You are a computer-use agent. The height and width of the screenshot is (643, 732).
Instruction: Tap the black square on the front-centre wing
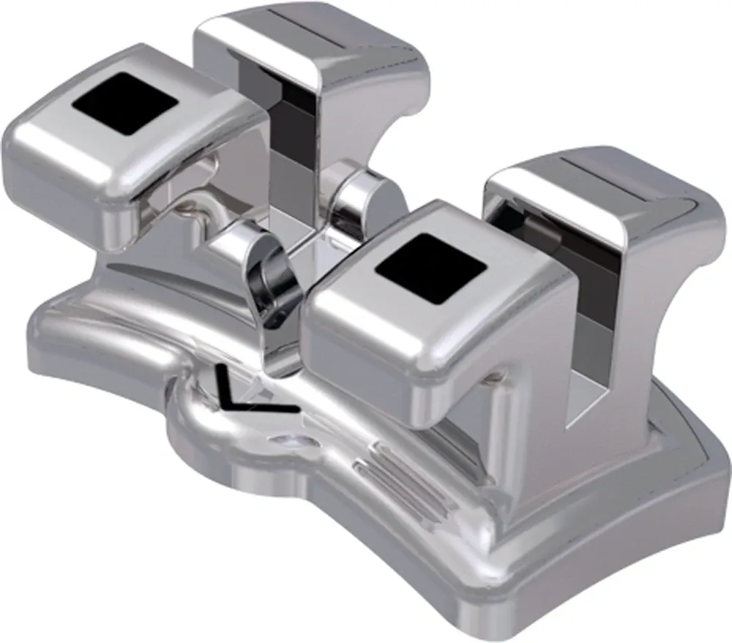click(430, 269)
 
